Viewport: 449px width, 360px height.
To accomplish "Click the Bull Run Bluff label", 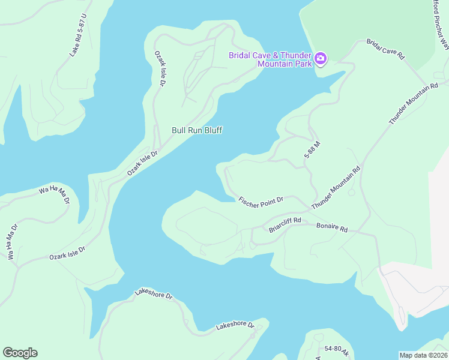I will coord(197,130).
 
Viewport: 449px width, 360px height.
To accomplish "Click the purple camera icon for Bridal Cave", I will coord(321,59).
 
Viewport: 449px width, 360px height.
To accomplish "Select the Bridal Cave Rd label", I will coord(386,49).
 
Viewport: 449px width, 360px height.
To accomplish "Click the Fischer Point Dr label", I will coord(261,202).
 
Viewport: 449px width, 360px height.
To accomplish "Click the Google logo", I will coord(20,353).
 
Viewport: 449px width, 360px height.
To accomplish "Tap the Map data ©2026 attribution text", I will coord(423,355).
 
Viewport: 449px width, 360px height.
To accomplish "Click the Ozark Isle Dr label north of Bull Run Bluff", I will coord(160,70).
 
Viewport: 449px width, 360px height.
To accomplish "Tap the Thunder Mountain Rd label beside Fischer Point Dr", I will coord(336,187).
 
